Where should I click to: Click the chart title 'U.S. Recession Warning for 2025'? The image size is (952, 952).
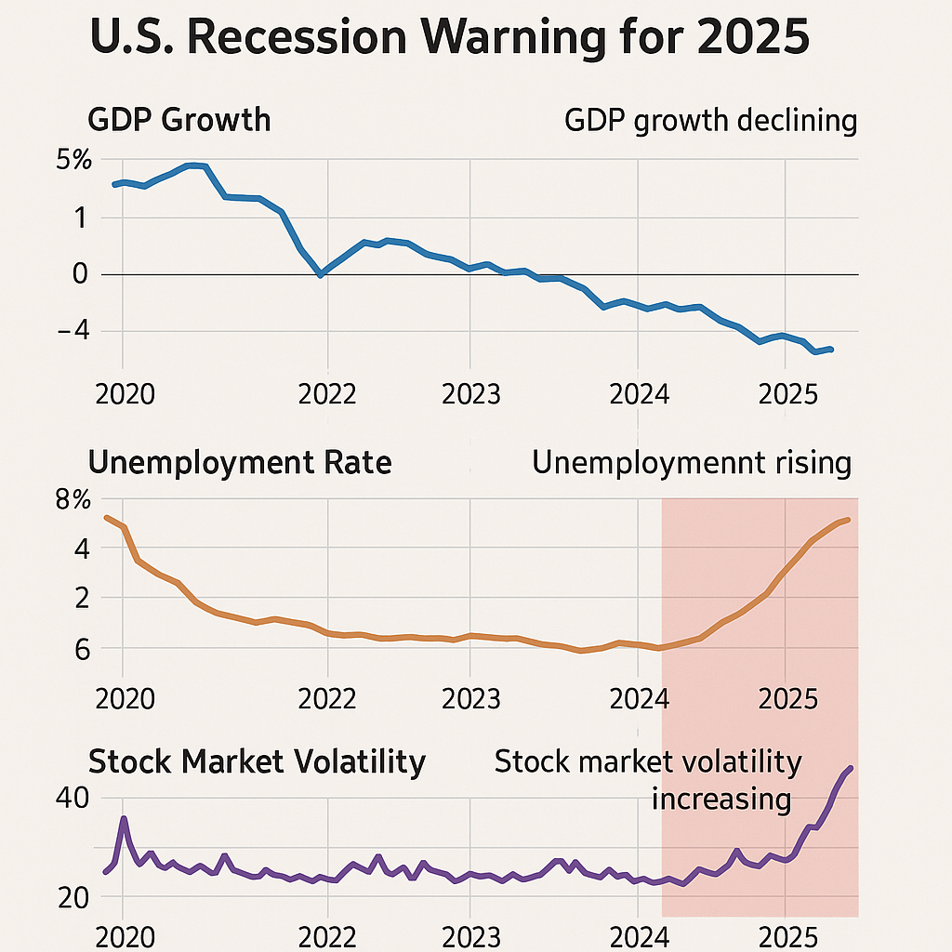449,41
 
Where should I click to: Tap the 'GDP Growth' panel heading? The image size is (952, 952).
178,120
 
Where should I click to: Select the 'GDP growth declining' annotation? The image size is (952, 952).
710,121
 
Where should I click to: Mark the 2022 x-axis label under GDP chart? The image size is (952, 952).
326,394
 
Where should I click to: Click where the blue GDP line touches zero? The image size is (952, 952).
321,274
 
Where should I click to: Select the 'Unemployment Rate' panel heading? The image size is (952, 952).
239,462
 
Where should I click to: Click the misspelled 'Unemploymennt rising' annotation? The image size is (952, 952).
692,463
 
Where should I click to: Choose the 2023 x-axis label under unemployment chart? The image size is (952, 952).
470,698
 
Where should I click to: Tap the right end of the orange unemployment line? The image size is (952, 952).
847,520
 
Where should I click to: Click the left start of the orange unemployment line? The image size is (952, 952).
106,517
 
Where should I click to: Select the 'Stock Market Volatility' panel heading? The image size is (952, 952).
257,762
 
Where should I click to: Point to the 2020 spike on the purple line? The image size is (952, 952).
124,819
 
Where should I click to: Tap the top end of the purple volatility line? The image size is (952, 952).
851,768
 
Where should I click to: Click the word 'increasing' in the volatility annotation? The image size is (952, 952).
721,799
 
